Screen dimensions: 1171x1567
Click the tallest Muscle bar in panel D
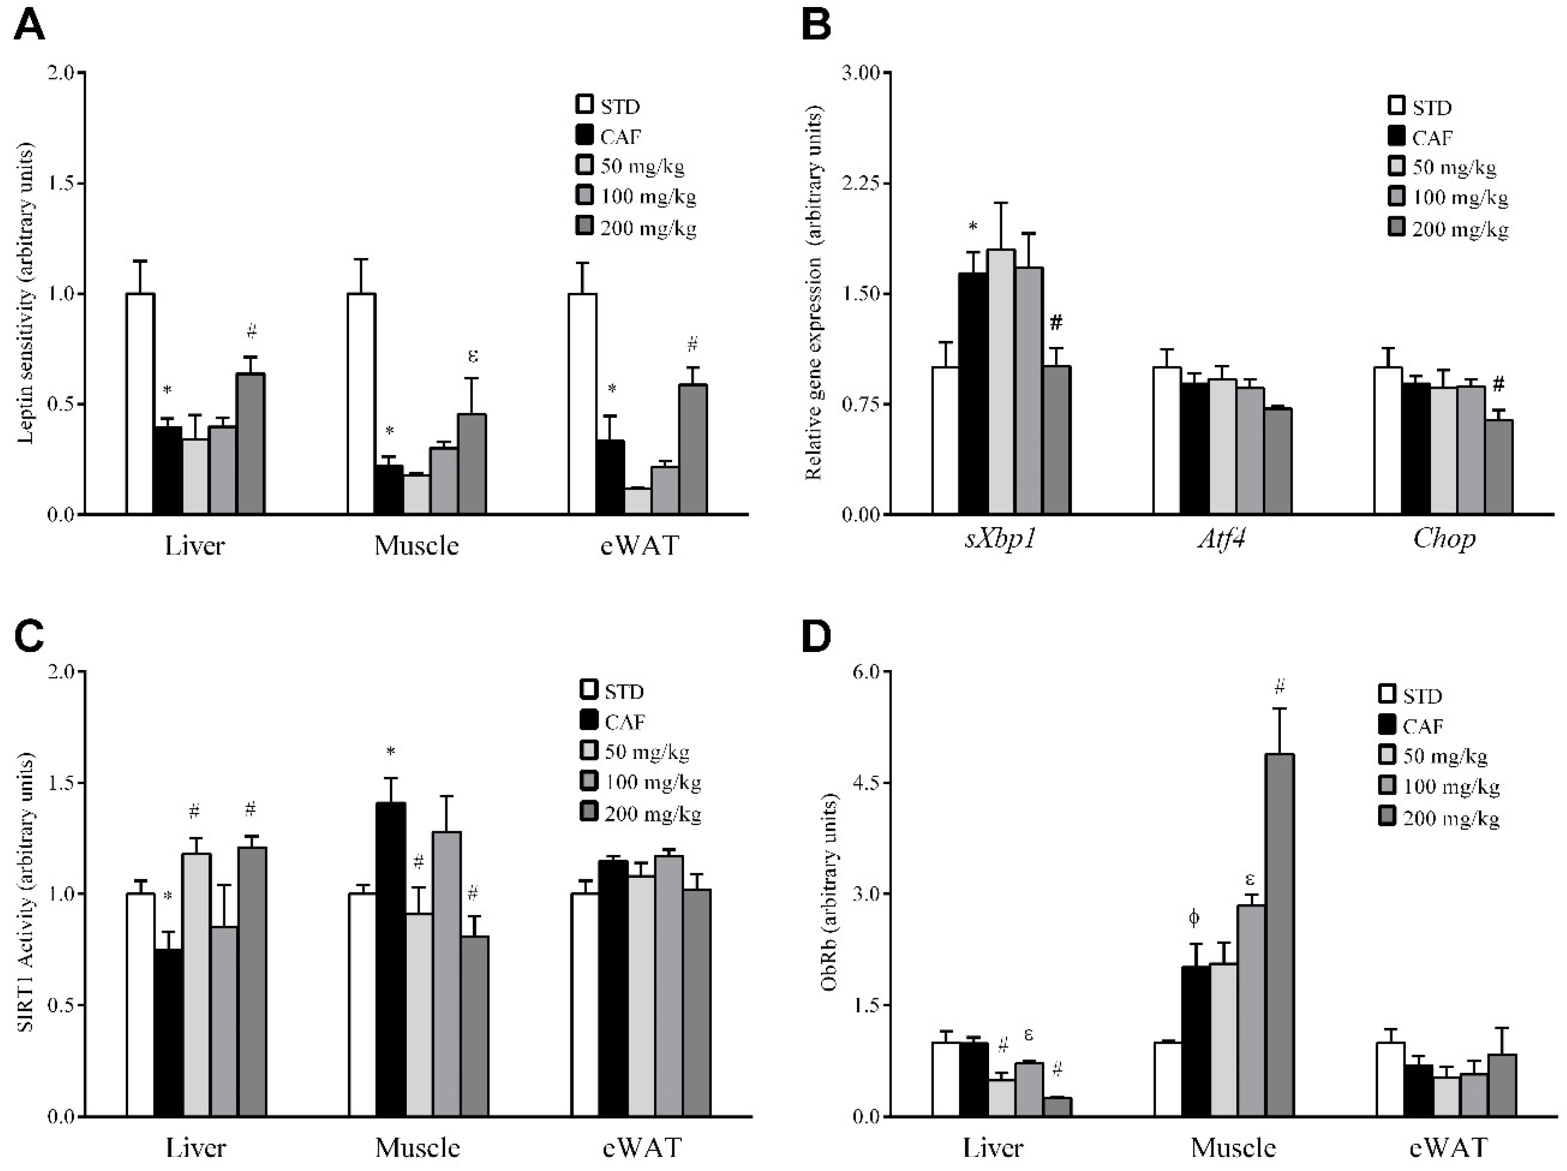point(1280,935)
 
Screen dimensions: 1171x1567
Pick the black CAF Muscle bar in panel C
point(390,959)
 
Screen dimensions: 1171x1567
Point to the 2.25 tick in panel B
point(859,184)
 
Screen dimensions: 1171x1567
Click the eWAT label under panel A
point(639,545)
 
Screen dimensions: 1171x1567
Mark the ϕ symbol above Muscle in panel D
point(1194,919)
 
